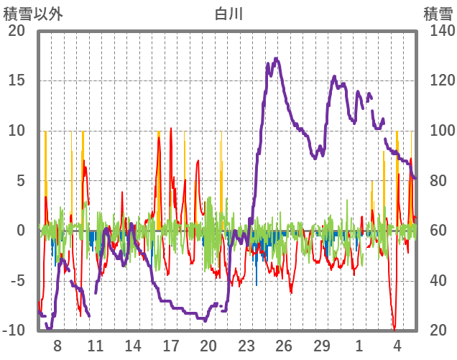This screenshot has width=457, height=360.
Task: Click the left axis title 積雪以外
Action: [x=32, y=13]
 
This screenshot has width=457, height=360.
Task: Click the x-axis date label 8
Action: [x=57, y=344]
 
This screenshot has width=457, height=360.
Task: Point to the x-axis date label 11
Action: [x=95, y=344]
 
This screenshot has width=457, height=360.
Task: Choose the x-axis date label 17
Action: [x=170, y=344]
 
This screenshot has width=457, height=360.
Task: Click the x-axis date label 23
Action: [x=246, y=344]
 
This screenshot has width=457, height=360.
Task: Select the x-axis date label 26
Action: [x=284, y=344]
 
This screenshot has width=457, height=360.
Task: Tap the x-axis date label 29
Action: [x=321, y=344]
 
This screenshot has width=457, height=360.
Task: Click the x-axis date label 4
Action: [x=397, y=344]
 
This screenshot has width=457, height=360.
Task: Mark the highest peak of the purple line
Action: [x=277, y=59]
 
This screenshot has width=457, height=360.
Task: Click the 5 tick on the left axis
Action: [x=19, y=180]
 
